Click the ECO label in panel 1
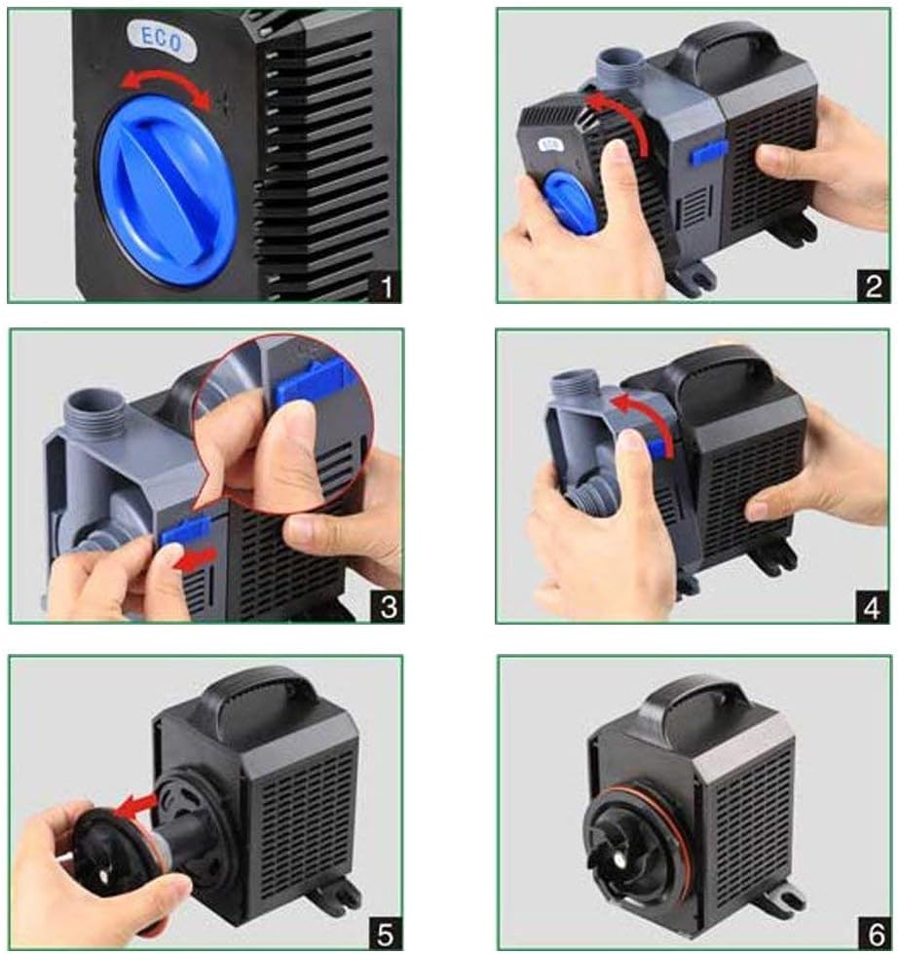(x=163, y=40)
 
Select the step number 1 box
(x=386, y=286)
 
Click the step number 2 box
(x=873, y=286)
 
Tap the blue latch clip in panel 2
(x=709, y=153)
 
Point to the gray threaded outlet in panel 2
(x=617, y=68)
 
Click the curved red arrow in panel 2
(x=620, y=117)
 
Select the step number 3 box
(x=388, y=606)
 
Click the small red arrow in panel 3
(x=195, y=558)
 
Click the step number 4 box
(x=873, y=606)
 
